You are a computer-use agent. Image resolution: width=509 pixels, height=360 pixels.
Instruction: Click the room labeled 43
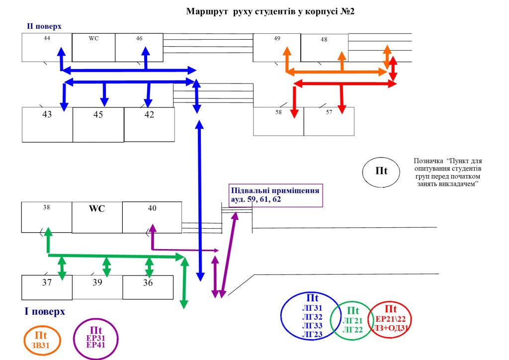tap(47, 125)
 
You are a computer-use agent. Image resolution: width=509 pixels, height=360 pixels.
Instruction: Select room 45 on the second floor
tap(98, 125)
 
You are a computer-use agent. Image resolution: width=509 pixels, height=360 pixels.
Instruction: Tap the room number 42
tap(149, 114)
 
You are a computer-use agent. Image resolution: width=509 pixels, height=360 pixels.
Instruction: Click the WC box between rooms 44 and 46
tap(93, 47)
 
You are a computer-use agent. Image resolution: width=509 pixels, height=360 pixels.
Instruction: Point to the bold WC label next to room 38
tap(97, 208)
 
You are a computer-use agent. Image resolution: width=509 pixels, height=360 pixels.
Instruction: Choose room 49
tap(277, 47)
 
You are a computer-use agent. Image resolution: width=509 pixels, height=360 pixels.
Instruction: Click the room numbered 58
tap(278, 121)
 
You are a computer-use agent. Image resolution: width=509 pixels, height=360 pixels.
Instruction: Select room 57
tap(329, 121)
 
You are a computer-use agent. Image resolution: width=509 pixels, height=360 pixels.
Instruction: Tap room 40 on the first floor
tap(152, 217)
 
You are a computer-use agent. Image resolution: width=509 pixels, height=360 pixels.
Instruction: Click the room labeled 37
tap(47, 287)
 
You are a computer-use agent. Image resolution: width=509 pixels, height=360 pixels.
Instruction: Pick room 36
tap(148, 287)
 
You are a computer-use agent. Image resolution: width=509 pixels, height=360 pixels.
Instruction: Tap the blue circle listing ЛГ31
tap(282, 316)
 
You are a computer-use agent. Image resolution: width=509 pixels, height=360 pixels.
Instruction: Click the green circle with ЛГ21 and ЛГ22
tap(331, 320)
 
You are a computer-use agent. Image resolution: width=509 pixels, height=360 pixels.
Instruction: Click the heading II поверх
tap(44, 26)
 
